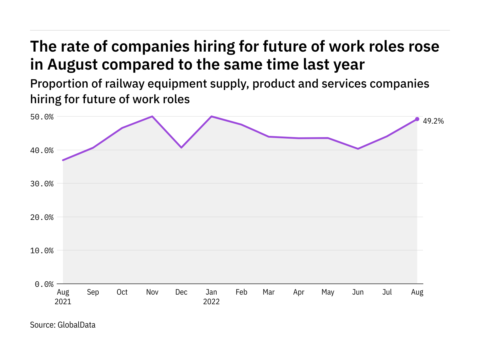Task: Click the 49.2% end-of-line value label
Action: [x=433, y=121]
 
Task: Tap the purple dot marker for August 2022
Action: [x=417, y=119]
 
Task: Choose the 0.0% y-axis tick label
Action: [x=44, y=284]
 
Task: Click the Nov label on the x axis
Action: [x=152, y=292]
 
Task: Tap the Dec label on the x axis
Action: [x=181, y=292]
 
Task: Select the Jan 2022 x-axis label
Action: [x=211, y=297]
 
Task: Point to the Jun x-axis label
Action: [x=358, y=292]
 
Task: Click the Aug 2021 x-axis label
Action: [x=63, y=297]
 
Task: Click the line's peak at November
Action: [x=152, y=116]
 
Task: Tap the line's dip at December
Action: [x=181, y=147]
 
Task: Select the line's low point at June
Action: [x=358, y=148]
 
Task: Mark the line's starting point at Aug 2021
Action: [x=63, y=160]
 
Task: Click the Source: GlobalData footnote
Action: [x=63, y=325]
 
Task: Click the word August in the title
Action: [x=72, y=64]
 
